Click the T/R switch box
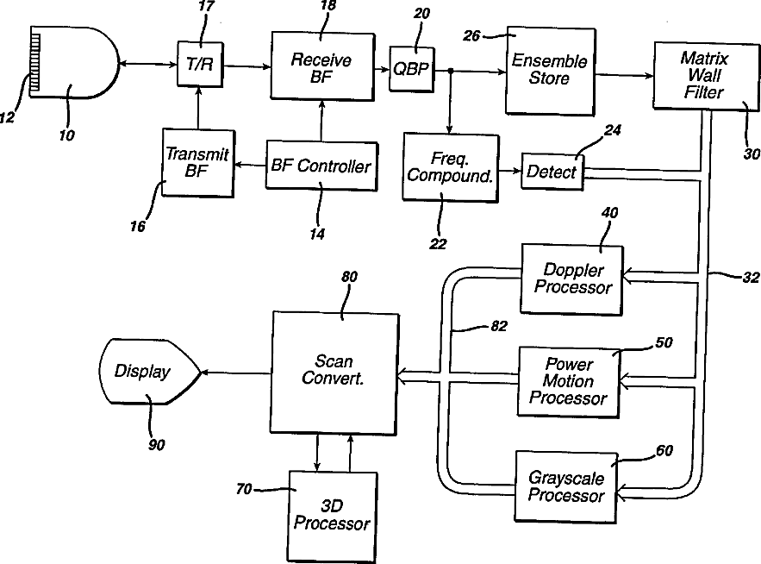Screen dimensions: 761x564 pyautogui.click(x=200, y=64)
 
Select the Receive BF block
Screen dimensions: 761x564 pyautogui.click(x=322, y=66)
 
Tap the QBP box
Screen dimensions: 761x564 pyautogui.click(x=412, y=69)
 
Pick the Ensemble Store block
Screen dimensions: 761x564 pyautogui.click(x=550, y=71)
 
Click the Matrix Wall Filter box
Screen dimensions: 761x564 pyautogui.click(x=706, y=76)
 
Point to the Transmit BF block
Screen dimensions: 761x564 pyautogui.click(x=197, y=163)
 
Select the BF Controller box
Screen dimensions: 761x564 pyautogui.click(x=321, y=166)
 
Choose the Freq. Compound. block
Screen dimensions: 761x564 pyautogui.click(x=451, y=167)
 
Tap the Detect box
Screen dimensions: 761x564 pyautogui.click(x=552, y=171)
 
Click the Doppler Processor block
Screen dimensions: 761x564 pyautogui.click(x=571, y=279)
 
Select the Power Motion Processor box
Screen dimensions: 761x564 pyautogui.click(x=568, y=382)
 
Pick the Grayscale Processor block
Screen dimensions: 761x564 pyautogui.click(x=566, y=486)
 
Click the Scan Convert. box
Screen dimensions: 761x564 pyautogui.click(x=334, y=373)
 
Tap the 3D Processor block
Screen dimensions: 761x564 pyautogui.click(x=333, y=517)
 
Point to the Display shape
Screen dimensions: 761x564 pyautogui.click(x=149, y=372)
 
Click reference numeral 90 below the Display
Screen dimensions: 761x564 pyautogui.click(x=156, y=444)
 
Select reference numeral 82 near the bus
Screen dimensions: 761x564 pyautogui.click(x=499, y=326)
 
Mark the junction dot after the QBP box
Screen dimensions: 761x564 pyautogui.click(x=451, y=71)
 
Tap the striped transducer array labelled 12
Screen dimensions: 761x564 pyautogui.click(x=35, y=60)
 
